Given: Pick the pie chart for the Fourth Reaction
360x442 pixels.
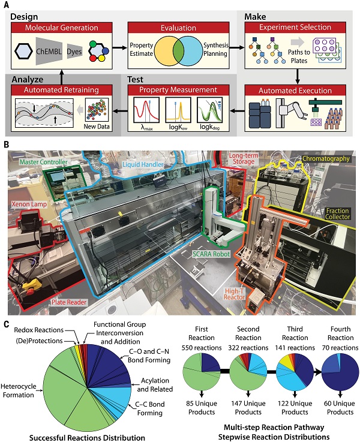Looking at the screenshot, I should point(336,374).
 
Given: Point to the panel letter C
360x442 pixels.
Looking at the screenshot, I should point(6,324).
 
